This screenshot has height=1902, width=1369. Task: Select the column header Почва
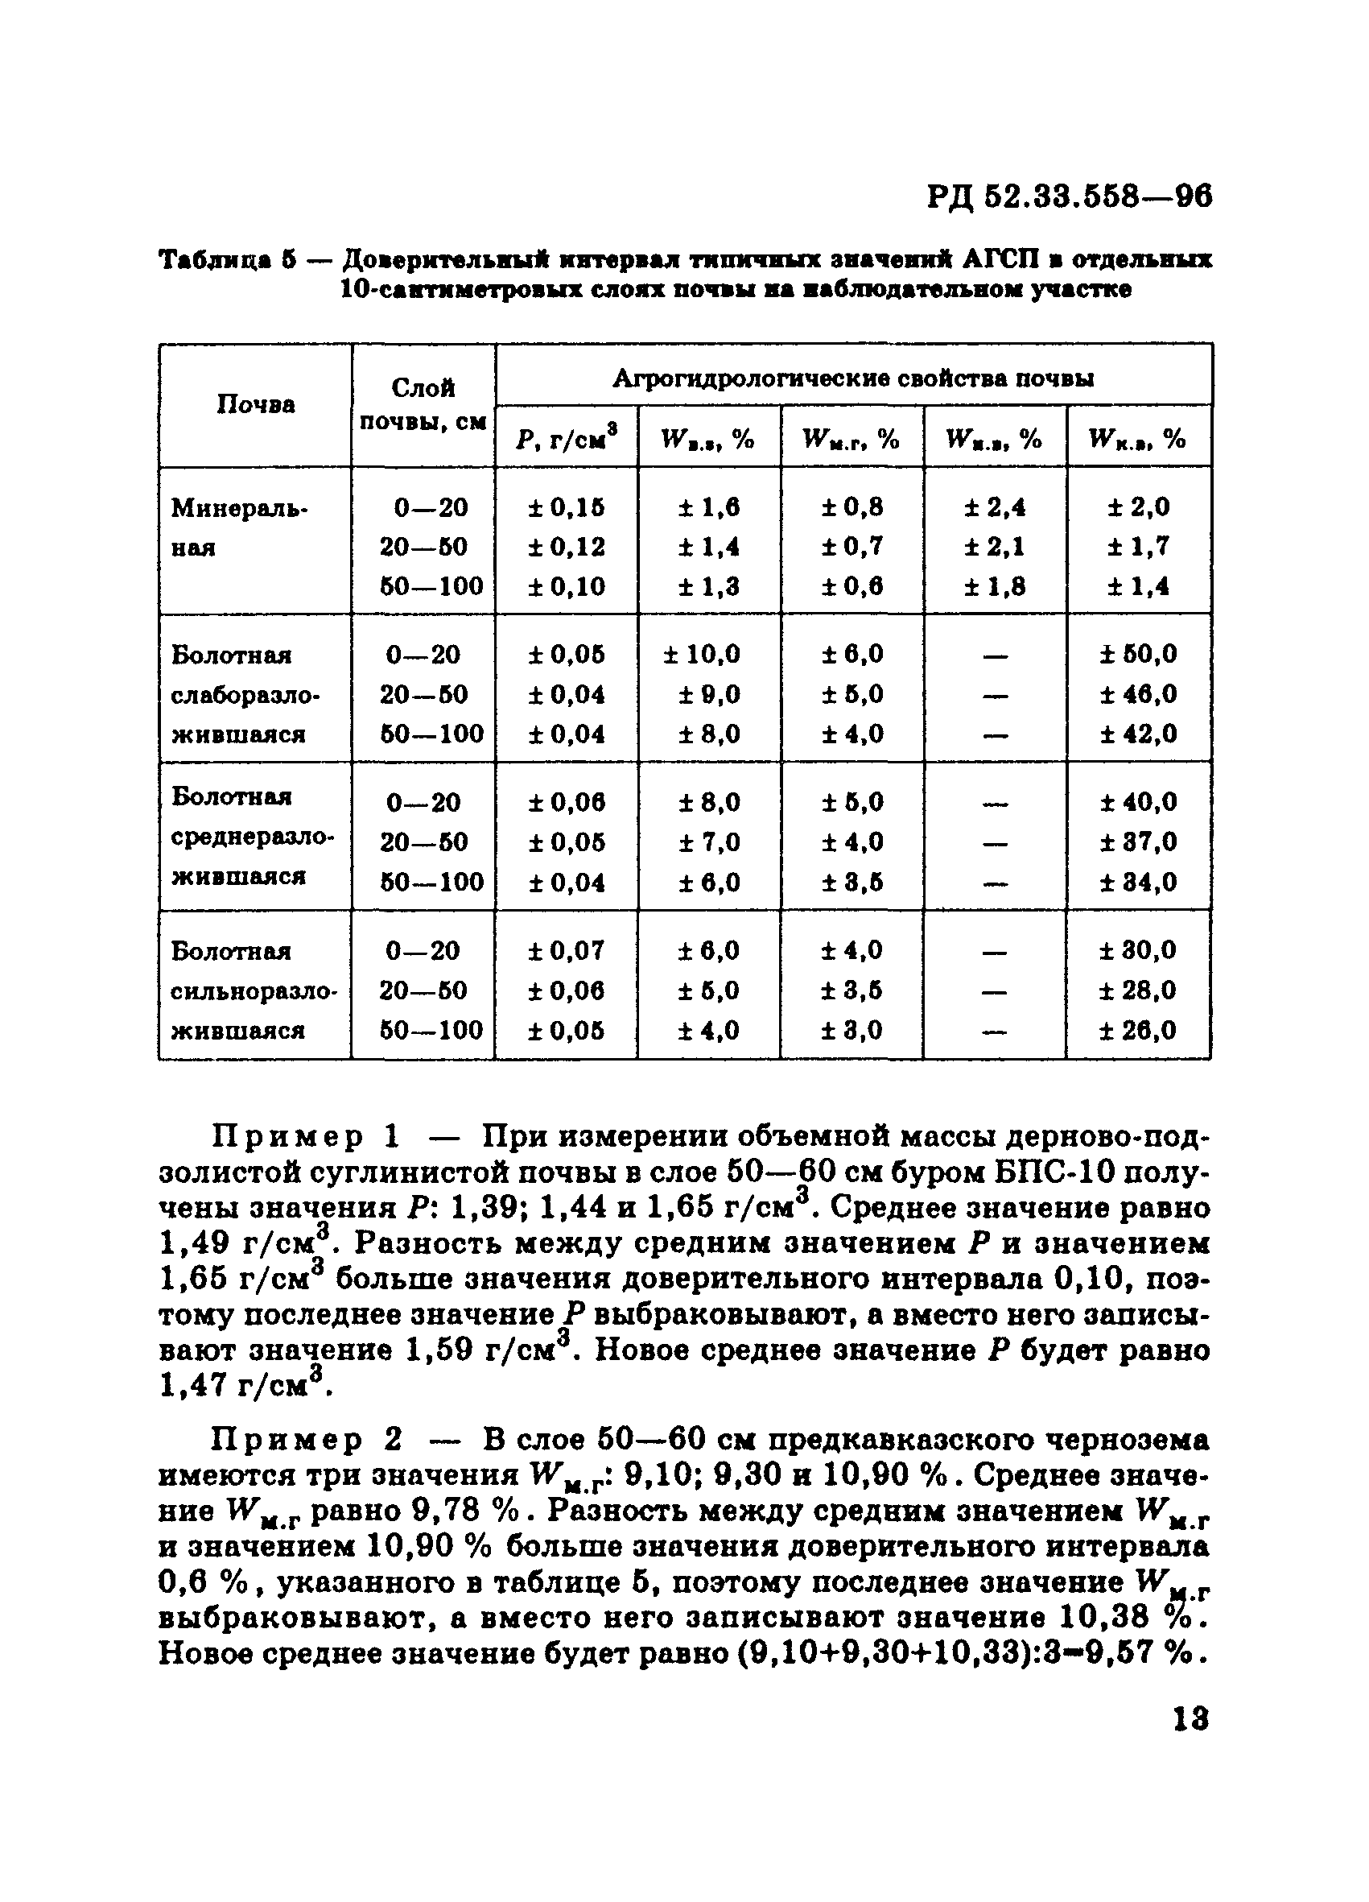256,405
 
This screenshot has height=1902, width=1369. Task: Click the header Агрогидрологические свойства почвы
852,379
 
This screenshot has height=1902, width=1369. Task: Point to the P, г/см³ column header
567,438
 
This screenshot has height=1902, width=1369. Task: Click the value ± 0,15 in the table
567,507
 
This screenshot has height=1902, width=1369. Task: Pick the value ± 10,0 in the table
703,654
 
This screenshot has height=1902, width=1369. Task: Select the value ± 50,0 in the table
1139,654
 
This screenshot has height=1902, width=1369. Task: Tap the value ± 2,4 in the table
995,507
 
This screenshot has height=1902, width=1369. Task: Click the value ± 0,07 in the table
567,951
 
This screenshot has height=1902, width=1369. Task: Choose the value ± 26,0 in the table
1139,1030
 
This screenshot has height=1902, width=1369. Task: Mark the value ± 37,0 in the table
1139,842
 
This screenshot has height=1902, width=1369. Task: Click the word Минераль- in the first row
239,507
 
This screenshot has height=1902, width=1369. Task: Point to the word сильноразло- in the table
254,991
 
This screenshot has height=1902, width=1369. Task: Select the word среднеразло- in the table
254,837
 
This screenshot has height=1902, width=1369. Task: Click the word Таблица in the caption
215,260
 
